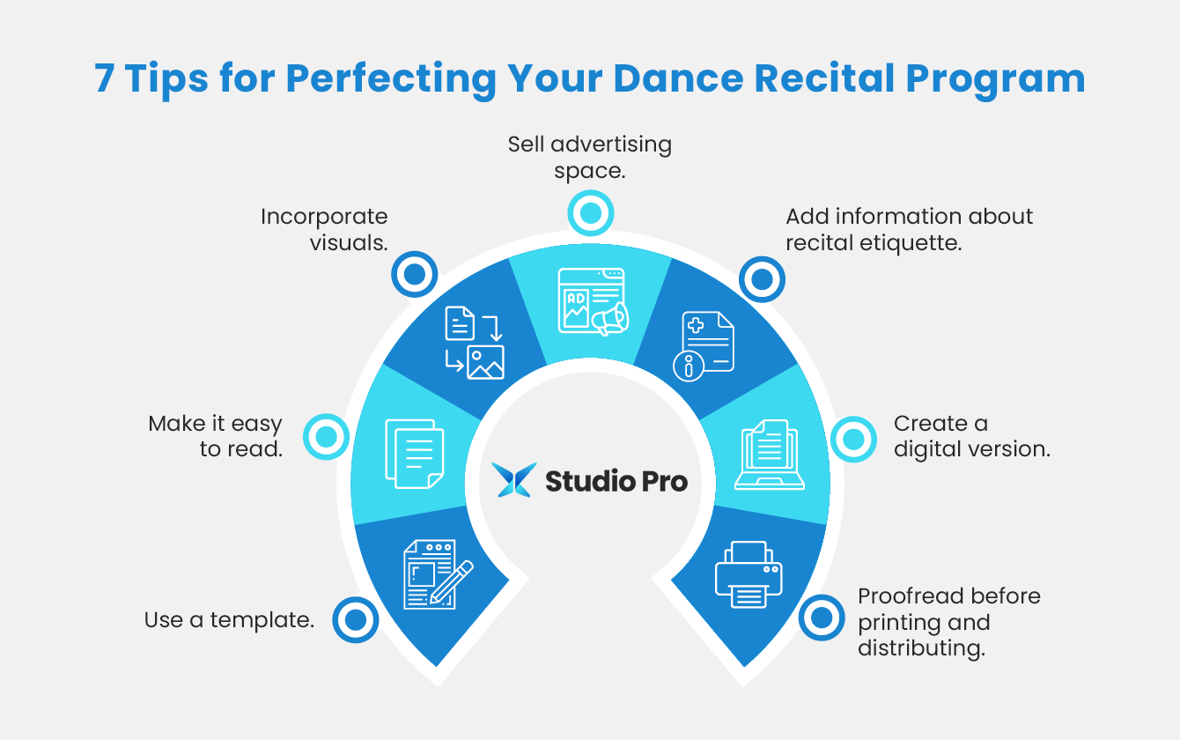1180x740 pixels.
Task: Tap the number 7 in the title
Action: [104, 78]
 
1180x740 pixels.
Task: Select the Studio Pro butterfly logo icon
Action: [513, 480]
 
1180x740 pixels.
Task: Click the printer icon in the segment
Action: [749, 574]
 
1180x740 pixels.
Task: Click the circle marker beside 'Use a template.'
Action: [356, 620]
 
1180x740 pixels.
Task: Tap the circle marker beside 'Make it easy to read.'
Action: [326, 436]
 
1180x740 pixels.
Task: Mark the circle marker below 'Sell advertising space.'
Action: [590, 212]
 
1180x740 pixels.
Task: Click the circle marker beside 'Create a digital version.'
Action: [853, 438]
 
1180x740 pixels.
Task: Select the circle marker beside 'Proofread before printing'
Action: [822, 618]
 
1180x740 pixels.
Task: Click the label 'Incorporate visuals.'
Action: [324, 229]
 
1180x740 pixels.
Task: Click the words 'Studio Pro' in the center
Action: [616, 481]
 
